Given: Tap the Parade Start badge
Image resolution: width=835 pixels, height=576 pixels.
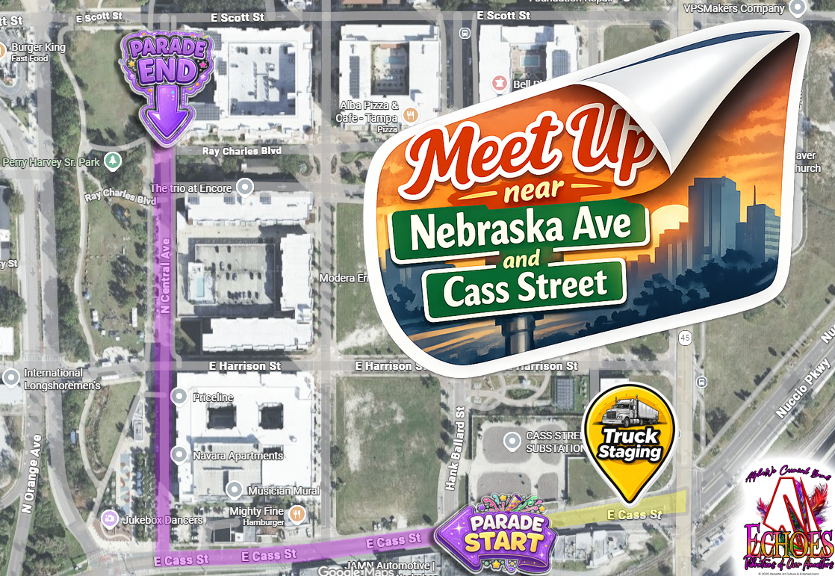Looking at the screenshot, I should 495,534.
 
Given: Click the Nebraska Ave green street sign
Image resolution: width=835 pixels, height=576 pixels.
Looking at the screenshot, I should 520,226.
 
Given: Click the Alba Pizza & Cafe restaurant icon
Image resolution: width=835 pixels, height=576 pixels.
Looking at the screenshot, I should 410,115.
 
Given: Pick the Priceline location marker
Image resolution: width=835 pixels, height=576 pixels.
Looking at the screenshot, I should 180,397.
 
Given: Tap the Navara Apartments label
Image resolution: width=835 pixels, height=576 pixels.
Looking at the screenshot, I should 237,455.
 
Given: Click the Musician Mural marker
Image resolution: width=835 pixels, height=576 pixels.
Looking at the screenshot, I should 235,490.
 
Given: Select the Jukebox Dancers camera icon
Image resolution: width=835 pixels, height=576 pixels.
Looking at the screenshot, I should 109,518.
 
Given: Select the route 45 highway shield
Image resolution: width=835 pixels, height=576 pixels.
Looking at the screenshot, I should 684,338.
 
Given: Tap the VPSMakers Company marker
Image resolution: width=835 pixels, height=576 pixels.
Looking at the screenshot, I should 797,9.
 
